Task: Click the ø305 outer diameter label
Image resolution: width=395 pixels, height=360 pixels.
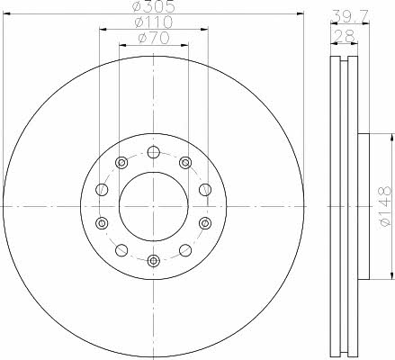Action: click(x=153, y=6)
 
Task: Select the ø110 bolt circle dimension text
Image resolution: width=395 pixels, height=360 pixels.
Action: click(x=153, y=22)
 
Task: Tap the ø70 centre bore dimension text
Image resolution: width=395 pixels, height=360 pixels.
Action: click(x=153, y=38)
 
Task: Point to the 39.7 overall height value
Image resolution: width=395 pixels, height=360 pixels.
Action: click(x=350, y=15)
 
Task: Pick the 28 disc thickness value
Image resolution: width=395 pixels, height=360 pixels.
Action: click(x=344, y=36)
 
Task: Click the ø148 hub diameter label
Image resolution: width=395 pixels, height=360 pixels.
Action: click(x=385, y=206)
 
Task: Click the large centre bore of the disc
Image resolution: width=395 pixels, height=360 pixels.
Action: click(x=154, y=206)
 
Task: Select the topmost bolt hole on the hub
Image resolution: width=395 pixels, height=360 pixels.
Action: click(x=154, y=152)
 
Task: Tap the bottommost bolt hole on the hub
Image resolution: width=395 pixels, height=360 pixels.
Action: click(x=154, y=261)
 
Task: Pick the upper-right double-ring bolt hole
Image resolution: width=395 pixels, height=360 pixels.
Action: click(x=185, y=162)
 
